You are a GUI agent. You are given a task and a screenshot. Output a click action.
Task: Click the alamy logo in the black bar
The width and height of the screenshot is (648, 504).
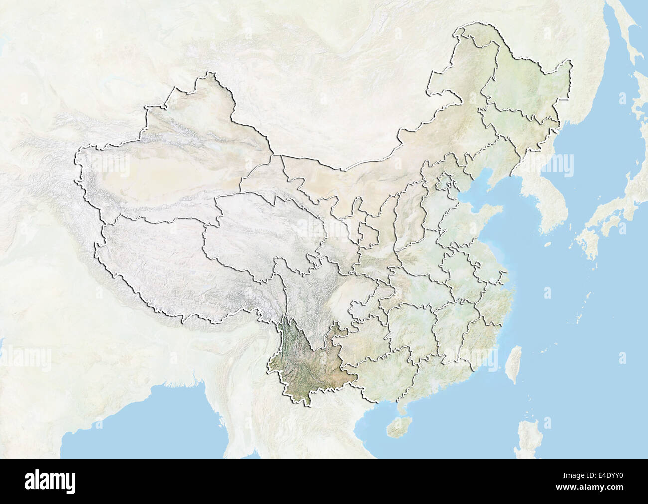tap(50, 481)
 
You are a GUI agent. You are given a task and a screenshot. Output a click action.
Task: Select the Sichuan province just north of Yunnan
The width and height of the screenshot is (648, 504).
tap(309, 294)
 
